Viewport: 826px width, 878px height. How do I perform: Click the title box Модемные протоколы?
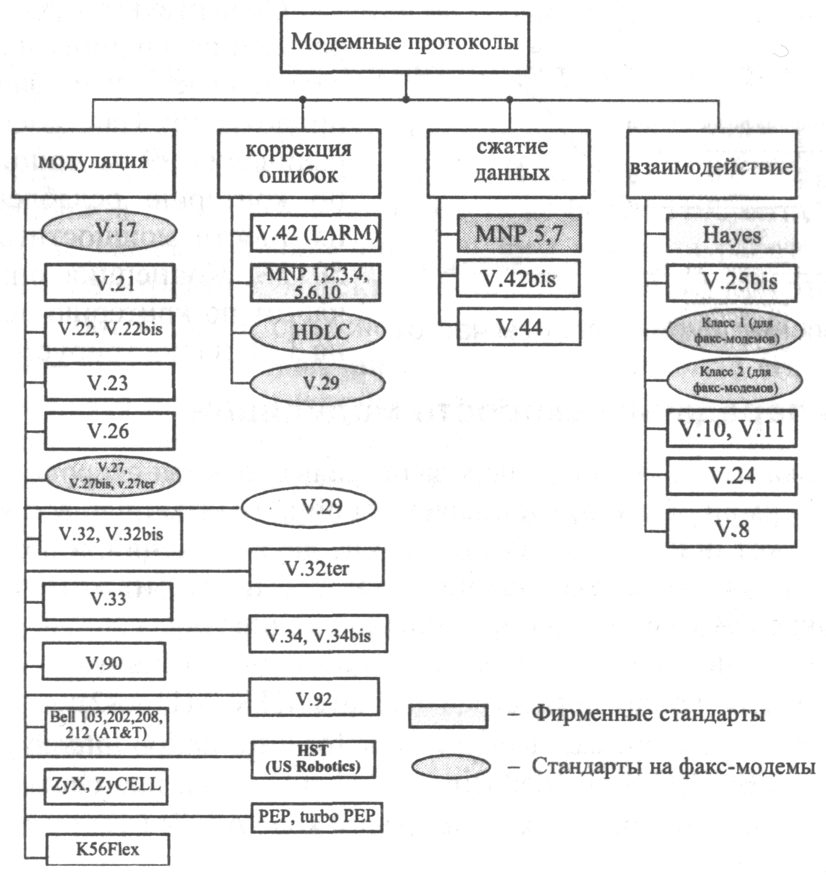(405, 42)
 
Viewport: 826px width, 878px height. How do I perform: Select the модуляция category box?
(93, 162)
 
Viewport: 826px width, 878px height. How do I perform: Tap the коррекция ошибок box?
(298, 162)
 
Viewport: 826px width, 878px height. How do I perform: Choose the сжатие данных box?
(509, 162)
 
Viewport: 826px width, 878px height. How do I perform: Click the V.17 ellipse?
(110, 230)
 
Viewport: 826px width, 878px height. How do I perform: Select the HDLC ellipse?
(317, 332)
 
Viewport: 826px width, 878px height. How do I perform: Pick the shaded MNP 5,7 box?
(519, 233)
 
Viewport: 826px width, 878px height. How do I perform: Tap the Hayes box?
(731, 234)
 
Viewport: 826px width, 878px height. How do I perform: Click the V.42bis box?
(518, 278)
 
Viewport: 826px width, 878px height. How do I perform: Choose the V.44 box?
(519, 327)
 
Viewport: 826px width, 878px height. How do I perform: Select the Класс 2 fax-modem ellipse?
(734, 380)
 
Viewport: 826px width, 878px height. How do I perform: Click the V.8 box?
(731, 529)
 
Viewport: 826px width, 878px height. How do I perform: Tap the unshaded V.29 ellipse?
(308, 507)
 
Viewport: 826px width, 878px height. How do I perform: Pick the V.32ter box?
(316, 567)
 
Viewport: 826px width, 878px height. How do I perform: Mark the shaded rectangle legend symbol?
(448, 716)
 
